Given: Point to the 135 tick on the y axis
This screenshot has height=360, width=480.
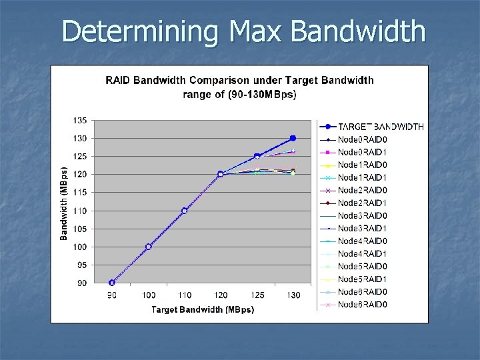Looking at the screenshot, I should click(x=79, y=121).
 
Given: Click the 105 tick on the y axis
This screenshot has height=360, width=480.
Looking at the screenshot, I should click(x=79, y=229).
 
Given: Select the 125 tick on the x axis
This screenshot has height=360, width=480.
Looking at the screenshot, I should click(x=257, y=295).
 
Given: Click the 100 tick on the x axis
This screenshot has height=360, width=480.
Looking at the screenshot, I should click(x=149, y=295).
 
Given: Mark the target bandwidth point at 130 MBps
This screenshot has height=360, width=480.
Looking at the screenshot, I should click(x=293, y=139).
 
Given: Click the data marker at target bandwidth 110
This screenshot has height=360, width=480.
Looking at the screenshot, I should click(x=185, y=211).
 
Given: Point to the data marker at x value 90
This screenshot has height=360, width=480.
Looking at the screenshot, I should click(x=112, y=283).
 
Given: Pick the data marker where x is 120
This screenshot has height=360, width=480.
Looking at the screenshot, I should click(x=221, y=175).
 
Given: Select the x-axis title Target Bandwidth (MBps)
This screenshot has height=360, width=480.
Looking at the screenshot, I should click(x=203, y=309).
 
